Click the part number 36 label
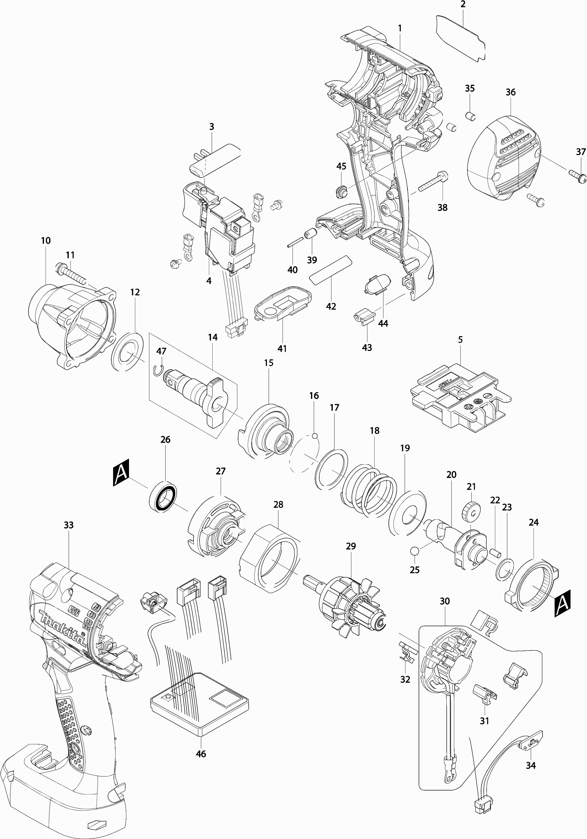pyautogui.click(x=511, y=92)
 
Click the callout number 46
pyautogui.click(x=201, y=753)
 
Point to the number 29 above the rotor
pyautogui.click(x=351, y=546)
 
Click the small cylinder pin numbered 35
pyautogui.click(x=470, y=116)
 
